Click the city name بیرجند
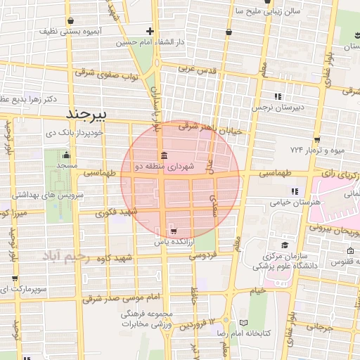point(89,112)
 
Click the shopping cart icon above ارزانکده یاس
point(173,231)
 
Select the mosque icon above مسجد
point(67,155)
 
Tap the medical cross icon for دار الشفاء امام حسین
point(150,31)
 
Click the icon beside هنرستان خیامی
point(295,191)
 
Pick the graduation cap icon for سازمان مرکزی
point(285,245)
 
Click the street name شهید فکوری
point(117,212)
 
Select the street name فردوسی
point(202,257)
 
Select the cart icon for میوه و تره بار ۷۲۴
point(318,139)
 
